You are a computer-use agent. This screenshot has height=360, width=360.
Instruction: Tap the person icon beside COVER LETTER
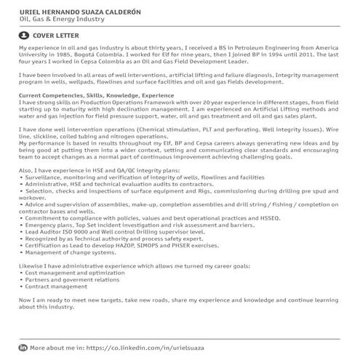click(25, 35)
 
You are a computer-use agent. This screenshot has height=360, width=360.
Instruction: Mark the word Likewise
click(33, 266)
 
